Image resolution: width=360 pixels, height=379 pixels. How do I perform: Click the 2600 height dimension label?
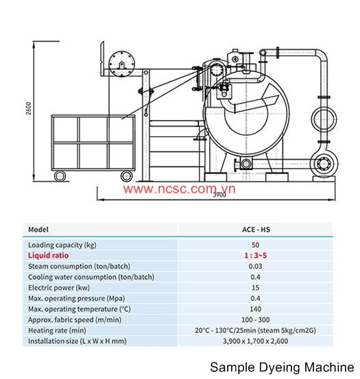(x=29, y=108)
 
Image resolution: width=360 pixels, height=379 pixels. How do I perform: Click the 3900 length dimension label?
(x=219, y=195)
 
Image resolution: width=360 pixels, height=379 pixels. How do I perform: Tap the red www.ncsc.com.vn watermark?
(x=179, y=188)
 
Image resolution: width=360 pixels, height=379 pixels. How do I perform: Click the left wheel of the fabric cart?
(x=60, y=175)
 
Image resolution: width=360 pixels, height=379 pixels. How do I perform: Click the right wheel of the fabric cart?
(x=126, y=175)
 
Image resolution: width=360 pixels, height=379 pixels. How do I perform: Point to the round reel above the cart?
(x=121, y=64)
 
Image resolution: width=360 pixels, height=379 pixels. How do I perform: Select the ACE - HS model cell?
(x=256, y=230)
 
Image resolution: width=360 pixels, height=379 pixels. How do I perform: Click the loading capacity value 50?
(x=256, y=245)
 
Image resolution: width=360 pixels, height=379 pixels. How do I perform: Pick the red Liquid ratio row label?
(x=49, y=256)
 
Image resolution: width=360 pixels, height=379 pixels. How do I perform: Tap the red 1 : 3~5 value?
(x=256, y=256)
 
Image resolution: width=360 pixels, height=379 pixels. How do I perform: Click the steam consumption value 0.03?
(x=256, y=267)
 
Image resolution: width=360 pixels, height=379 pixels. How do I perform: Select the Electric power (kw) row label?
(x=59, y=288)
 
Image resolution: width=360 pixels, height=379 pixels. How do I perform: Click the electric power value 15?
(x=256, y=288)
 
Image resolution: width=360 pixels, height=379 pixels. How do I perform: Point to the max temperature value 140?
(x=256, y=309)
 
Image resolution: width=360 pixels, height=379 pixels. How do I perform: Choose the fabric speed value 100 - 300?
(x=256, y=320)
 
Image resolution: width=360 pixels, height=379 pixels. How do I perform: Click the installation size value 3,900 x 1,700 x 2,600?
(x=256, y=341)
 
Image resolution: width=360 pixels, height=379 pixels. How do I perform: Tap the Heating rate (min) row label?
(x=57, y=330)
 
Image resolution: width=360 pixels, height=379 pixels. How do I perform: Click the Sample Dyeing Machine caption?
(x=282, y=367)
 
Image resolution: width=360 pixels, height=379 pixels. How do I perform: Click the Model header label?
(x=38, y=230)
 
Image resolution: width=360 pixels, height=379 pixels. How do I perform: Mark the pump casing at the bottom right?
(x=324, y=164)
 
